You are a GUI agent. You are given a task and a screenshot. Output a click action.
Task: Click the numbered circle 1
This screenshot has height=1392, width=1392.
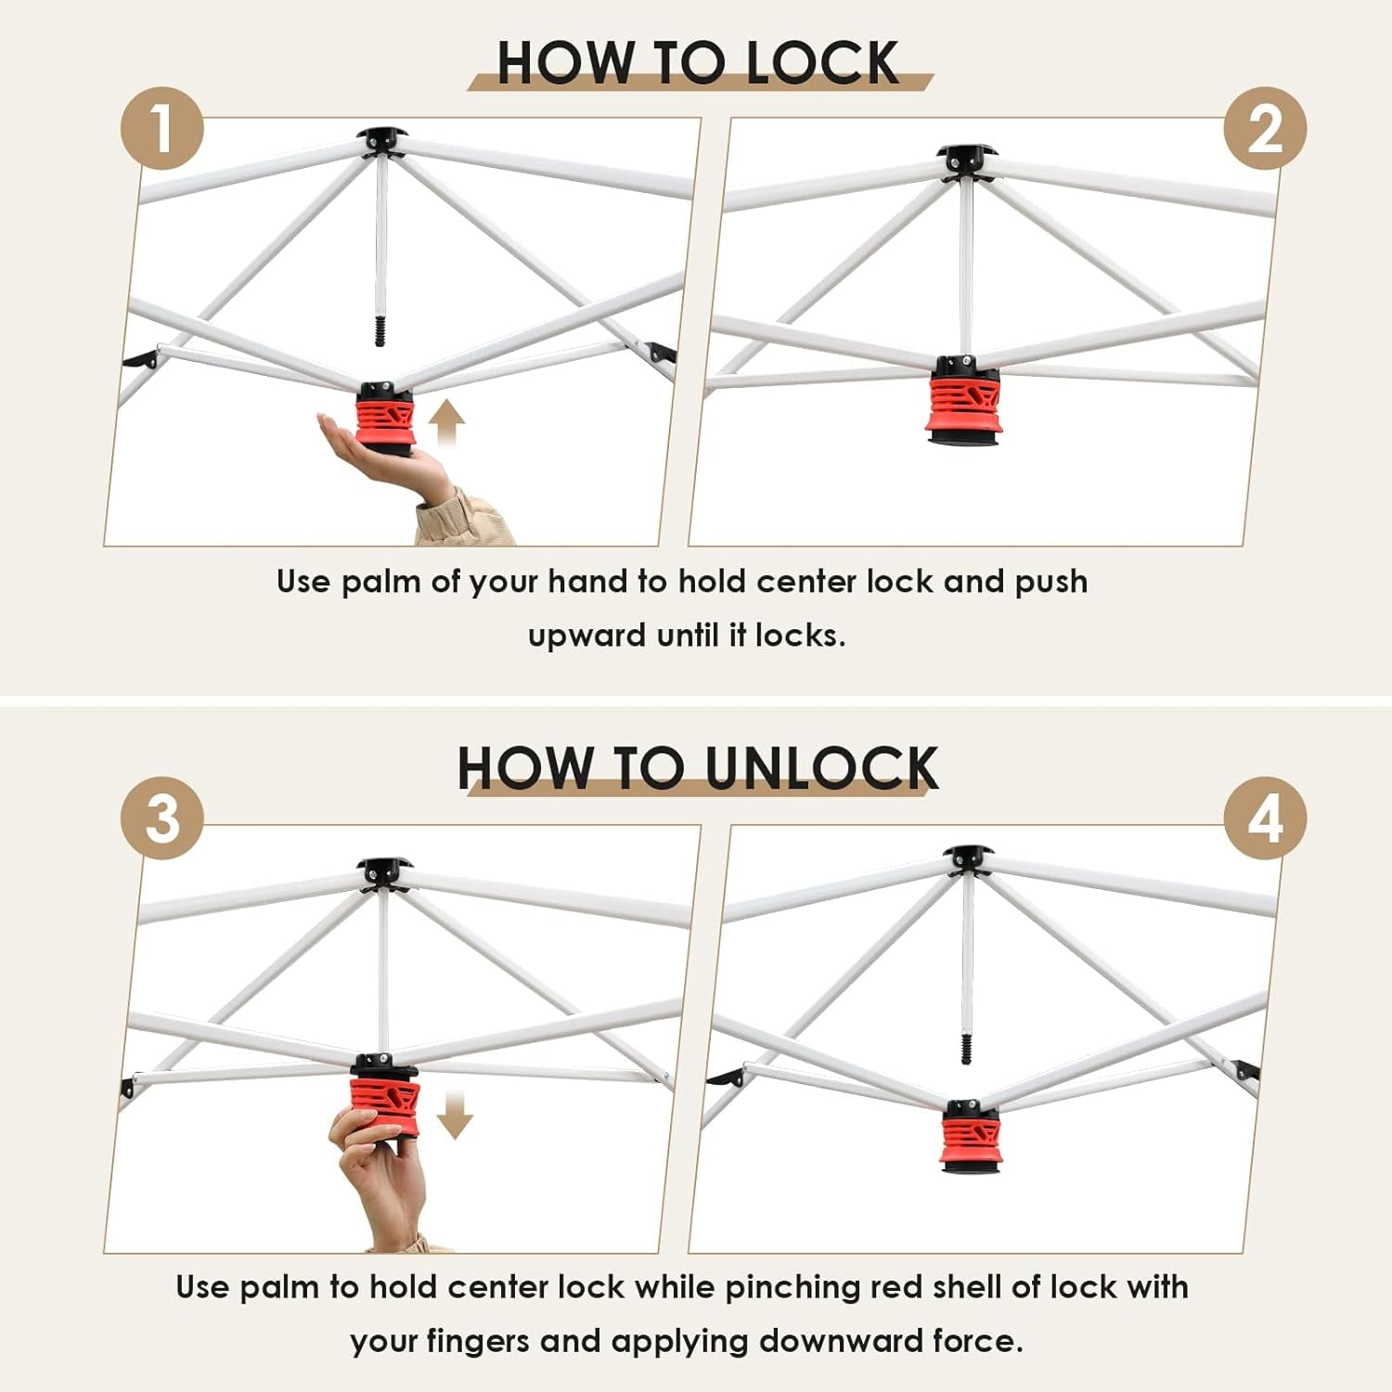[162, 128]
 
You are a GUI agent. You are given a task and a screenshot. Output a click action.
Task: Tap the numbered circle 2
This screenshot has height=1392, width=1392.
[1265, 128]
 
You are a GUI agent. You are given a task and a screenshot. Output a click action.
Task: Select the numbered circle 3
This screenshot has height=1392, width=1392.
[162, 818]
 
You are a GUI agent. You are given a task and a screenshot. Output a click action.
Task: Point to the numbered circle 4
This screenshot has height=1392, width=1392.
[1265, 818]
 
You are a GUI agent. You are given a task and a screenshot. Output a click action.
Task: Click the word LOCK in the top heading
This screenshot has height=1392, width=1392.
[822, 63]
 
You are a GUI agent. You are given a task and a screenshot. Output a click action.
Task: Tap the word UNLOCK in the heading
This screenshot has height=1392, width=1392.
[821, 768]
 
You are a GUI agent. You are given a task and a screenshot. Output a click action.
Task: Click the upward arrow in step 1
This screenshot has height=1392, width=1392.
[446, 423]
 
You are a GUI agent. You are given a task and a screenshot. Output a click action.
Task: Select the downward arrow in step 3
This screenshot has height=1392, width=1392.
[455, 1115]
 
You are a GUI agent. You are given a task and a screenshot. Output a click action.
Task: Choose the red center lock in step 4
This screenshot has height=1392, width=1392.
[971, 1138]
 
